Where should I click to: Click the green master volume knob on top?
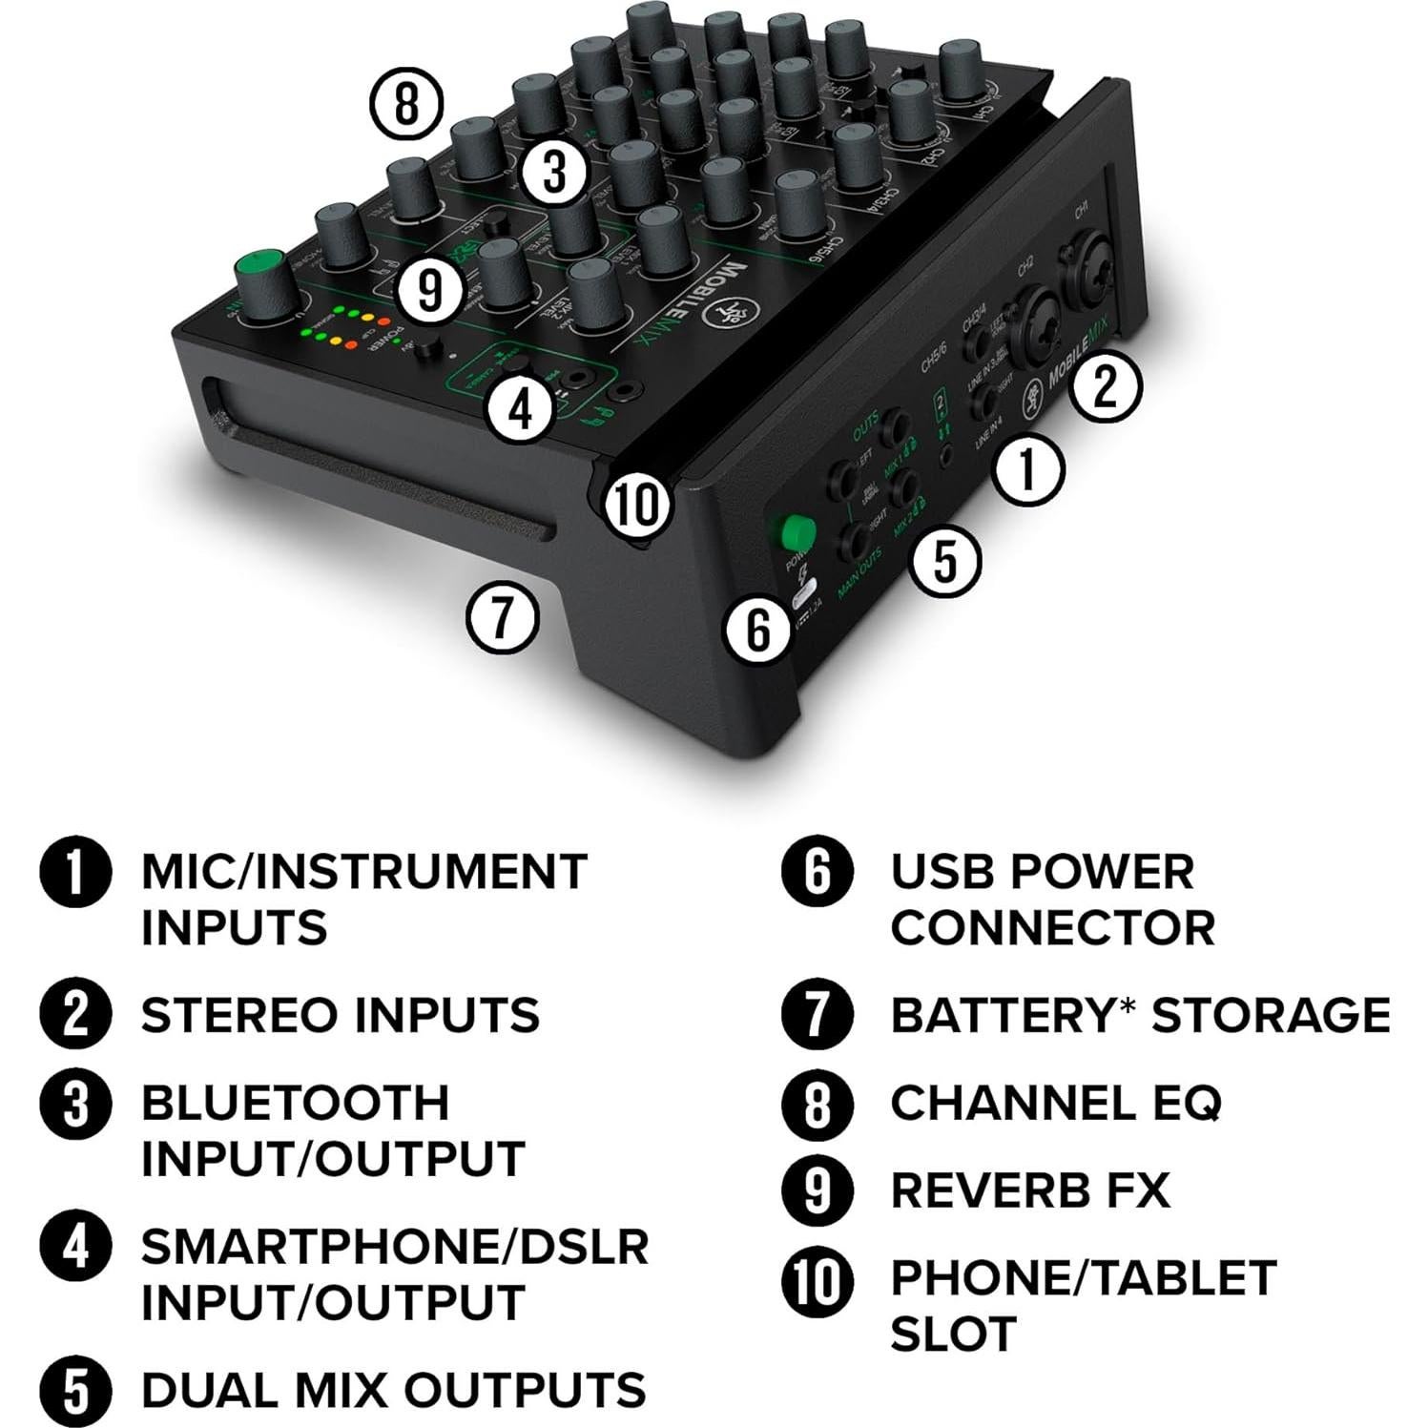click(x=261, y=282)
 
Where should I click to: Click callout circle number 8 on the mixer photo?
click(x=406, y=103)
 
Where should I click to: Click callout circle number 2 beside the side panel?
click(x=1104, y=386)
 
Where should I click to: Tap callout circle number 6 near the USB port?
click(x=758, y=630)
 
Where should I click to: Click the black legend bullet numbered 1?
click(x=75, y=873)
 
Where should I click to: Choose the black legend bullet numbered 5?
click(x=75, y=1391)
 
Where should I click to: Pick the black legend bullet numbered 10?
click(x=817, y=1281)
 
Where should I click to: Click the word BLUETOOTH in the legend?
click(x=295, y=1103)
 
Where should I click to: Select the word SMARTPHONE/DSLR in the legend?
click(x=395, y=1247)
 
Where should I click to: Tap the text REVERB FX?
click(x=1029, y=1190)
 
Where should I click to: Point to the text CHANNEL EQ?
click(x=1055, y=1103)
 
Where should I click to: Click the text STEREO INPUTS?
click(x=340, y=1015)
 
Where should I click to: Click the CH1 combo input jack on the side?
click(x=1087, y=268)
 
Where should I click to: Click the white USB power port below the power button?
click(x=804, y=594)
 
